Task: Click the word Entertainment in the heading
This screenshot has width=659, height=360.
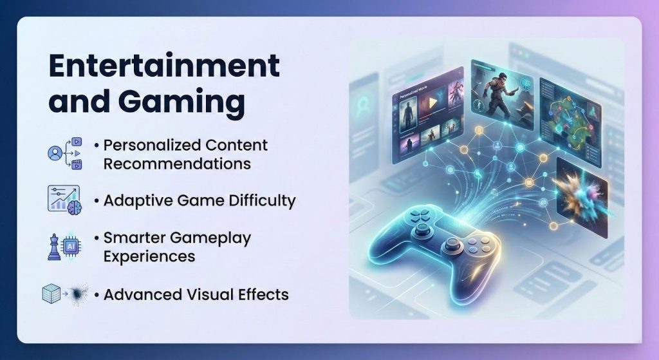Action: [x=165, y=66]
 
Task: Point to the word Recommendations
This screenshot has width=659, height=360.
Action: [x=177, y=164]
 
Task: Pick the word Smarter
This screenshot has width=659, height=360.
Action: [x=134, y=238]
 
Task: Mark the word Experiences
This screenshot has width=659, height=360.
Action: [x=149, y=256]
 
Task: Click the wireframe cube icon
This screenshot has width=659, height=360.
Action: [x=50, y=294]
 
